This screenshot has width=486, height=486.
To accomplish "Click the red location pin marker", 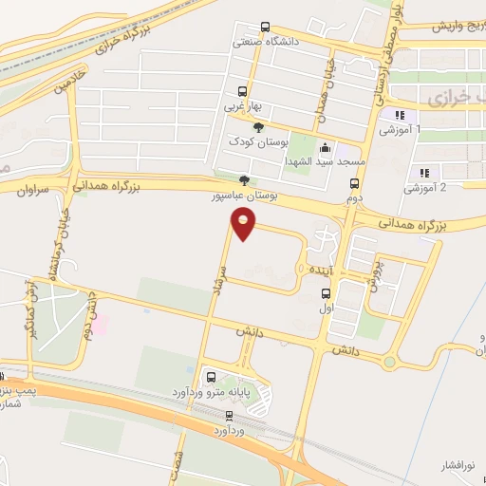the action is [244, 224].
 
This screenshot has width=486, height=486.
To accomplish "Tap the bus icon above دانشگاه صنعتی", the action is [264, 28].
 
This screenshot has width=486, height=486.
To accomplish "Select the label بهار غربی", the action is [242, 108].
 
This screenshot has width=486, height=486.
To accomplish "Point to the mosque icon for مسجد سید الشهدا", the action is [326, 148].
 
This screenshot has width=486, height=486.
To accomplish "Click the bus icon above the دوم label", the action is [354, 184].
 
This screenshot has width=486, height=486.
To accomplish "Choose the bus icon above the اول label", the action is [326, 292].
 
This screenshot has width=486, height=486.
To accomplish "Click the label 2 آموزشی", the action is [423, 188].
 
